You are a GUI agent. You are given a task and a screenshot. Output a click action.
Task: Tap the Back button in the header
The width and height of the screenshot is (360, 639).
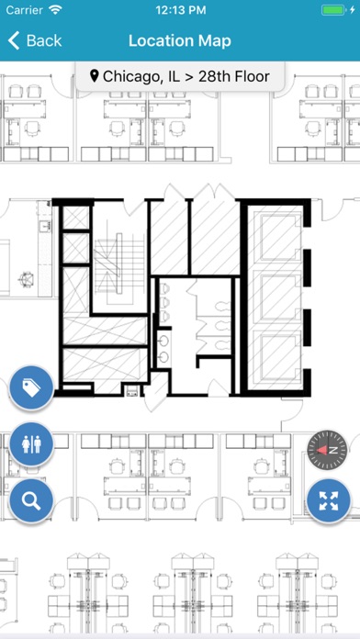point(34,40)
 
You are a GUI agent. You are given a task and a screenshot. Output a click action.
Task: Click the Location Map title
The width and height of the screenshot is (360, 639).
point(180,40)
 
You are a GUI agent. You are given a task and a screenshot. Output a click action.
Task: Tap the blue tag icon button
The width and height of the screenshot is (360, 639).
point(31,388)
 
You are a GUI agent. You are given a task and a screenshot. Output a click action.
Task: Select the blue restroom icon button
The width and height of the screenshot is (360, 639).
point(31,444)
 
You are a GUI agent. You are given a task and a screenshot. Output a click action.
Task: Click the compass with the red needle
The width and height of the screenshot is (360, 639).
point(327,450)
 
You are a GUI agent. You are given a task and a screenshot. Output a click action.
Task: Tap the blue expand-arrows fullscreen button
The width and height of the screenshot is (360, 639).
point(329,501)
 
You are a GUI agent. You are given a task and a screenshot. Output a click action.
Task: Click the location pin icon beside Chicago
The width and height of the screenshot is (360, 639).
point(95,76)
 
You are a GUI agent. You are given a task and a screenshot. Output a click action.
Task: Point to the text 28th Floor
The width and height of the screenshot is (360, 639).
point(234,76)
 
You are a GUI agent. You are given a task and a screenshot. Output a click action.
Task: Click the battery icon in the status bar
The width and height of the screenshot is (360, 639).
point(332,10)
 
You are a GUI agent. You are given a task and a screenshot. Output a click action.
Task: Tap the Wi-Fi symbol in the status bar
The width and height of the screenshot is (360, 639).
point(54,10)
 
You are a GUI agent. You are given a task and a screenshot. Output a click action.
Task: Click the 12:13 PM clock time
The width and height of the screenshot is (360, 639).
point(180,10)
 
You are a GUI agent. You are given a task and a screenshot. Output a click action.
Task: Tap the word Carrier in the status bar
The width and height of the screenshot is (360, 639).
point(26,10)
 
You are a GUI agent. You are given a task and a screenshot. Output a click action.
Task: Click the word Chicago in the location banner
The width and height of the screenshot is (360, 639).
point(129,76)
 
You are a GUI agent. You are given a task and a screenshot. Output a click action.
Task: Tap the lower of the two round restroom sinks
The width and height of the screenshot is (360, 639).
point(164,357)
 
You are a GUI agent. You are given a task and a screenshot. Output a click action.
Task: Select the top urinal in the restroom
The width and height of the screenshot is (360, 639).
point(164,288)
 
